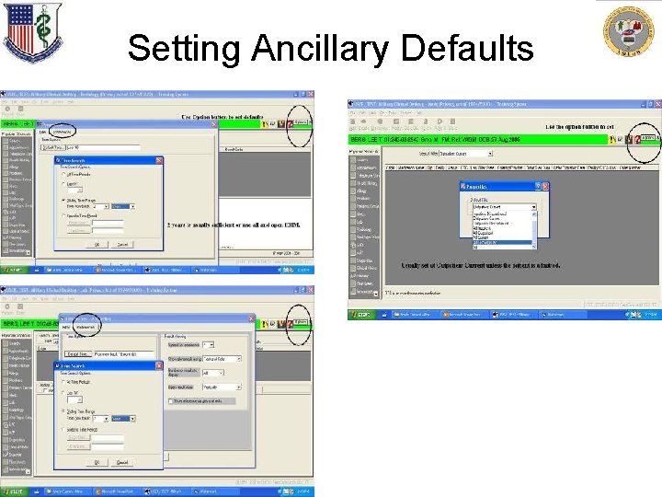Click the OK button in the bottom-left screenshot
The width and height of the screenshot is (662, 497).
[97, 461]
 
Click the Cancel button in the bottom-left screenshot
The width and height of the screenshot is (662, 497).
[122, 461]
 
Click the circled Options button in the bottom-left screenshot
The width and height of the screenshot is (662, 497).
[300, 324]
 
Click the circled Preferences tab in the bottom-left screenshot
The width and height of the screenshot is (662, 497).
[86, 326]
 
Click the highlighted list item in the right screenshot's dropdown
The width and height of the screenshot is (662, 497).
[500, 243]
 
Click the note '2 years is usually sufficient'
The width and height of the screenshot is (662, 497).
[234, 224]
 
